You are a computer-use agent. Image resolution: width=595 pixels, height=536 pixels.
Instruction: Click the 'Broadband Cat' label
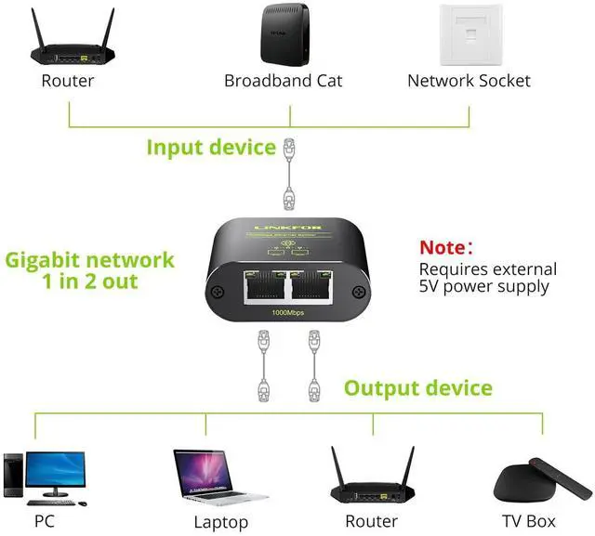tap(283, 81)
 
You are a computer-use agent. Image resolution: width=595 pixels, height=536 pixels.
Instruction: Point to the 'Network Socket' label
tap(469, 81)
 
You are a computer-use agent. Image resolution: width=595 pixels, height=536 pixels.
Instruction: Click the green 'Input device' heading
tap(211, 148)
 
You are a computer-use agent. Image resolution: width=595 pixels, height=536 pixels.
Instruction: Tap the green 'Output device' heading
tap(418, 387)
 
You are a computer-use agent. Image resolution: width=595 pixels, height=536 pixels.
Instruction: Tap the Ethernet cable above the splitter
tap(291, 171)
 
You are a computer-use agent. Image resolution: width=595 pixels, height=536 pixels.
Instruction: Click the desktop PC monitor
tap(56, 471)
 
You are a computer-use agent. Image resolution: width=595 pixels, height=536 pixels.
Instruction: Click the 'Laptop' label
tap(220, 522)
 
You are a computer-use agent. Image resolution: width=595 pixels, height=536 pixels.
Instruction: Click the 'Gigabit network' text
tap(89, 259)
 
